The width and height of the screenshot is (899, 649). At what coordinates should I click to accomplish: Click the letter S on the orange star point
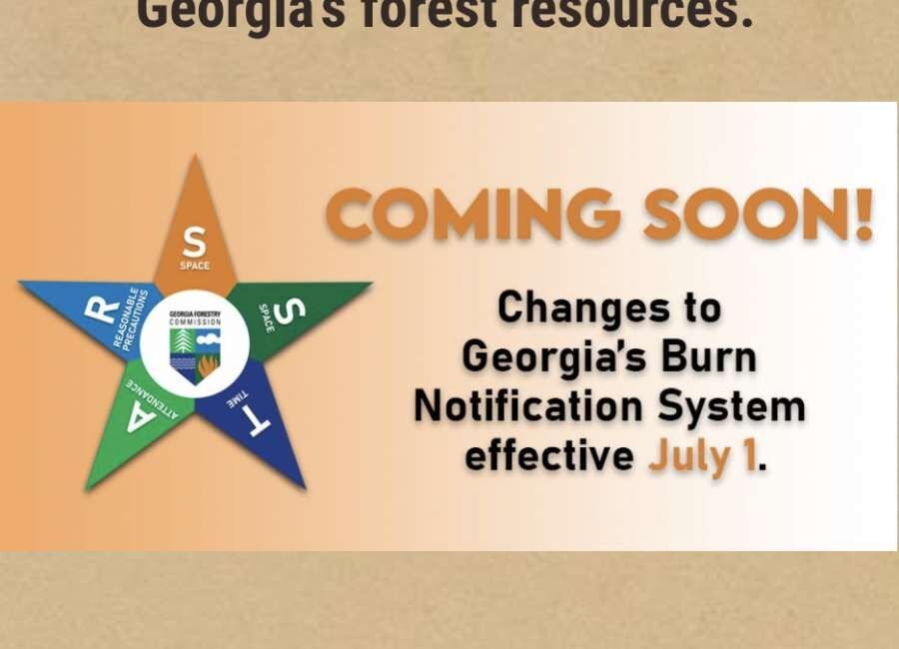coord(195,242)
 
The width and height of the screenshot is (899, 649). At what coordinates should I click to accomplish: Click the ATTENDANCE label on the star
coord(151,395)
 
